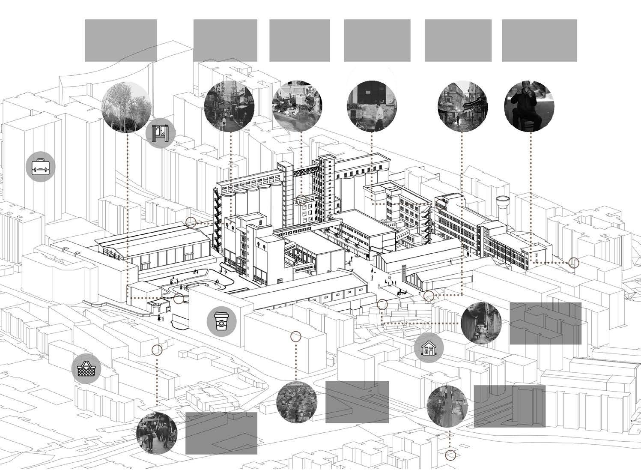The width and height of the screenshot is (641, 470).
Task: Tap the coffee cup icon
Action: pos(221,321)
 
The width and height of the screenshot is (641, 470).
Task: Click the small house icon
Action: pos(429,348)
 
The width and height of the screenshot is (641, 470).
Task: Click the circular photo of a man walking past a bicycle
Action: pos(371,106)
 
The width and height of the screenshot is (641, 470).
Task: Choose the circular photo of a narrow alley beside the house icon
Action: pos(481,323)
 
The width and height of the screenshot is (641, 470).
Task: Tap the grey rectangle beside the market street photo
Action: pos(221,433)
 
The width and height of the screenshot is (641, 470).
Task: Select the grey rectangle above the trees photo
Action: pos(121,40)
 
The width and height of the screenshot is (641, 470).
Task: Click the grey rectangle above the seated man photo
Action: pos(539,40)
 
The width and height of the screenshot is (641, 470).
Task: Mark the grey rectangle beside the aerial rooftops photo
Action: pos(357,402)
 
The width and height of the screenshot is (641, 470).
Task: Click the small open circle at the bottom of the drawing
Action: pos(450,455)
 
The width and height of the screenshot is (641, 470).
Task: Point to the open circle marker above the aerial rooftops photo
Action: pos(295,337)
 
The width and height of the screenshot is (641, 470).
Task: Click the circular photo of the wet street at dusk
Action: pos(462,106)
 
